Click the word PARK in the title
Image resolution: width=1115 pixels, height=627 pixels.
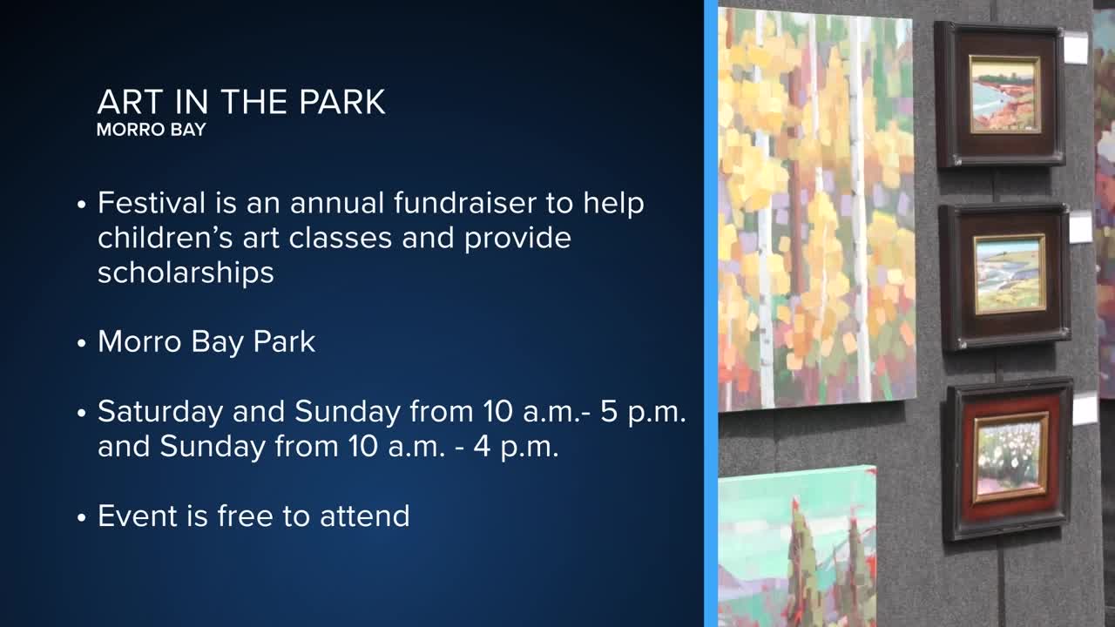[342, 102]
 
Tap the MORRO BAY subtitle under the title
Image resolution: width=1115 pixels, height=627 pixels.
[152, 130]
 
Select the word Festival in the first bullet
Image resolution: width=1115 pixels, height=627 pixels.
[152, 203]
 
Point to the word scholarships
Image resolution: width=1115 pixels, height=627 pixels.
[186, 273]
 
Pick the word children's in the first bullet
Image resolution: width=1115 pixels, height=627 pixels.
[166, 238]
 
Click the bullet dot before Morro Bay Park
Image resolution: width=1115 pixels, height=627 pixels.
[82, 343]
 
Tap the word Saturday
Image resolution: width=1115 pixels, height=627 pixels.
[160, 413]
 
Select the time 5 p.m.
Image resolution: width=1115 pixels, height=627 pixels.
[643, 413]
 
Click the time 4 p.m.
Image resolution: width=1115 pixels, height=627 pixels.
[516, 448]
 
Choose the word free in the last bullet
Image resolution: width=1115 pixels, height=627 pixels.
[246, 516]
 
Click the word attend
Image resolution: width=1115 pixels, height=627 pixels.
[364, 516]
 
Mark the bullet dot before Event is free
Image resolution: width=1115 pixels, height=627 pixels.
[82, 517]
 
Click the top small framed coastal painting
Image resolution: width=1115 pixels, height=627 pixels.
[999, 95]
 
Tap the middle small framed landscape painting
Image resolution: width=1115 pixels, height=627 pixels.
[1004, 277]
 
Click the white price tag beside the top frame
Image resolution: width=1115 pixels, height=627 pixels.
[1076, 48]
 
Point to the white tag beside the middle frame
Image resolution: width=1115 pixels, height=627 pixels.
[1081, 227]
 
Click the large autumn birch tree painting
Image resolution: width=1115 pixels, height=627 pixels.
[816, 209]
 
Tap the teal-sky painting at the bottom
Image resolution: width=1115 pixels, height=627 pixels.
[797, 548]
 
